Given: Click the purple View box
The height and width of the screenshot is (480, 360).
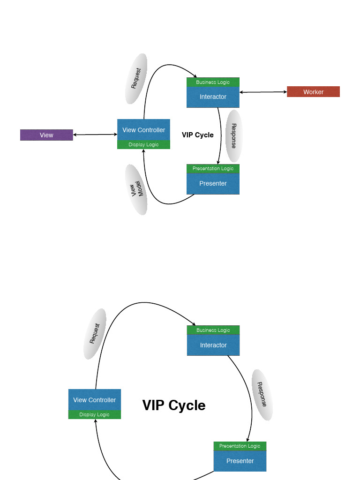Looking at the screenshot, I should [46, 135].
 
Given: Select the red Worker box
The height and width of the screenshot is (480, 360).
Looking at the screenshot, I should [313, 92].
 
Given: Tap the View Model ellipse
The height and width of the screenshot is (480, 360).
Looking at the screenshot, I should [136, 189].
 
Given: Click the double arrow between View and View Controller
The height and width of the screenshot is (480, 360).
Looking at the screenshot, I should [95, 135].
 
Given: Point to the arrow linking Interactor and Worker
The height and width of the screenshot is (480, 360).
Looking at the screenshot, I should [263, 92].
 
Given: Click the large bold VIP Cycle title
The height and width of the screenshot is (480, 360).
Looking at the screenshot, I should [173, 405].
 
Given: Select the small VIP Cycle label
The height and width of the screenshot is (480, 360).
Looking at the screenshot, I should [197, 135].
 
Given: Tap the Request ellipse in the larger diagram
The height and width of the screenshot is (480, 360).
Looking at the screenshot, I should [95, 334].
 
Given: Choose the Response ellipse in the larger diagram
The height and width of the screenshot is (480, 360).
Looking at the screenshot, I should [262, 395].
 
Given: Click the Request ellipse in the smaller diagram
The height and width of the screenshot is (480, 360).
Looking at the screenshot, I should [136, 78].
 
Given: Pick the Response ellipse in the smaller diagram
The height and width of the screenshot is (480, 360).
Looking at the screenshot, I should [233, 136].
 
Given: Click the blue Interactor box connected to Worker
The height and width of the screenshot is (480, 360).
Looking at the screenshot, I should [213, 97].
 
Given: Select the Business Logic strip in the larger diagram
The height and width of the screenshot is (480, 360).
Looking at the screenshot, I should [213, 330].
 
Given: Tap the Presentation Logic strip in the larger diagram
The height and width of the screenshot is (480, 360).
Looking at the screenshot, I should [240, 446].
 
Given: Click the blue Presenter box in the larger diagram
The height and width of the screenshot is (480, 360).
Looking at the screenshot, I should [240, 461].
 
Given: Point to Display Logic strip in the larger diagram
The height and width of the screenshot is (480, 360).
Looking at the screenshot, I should [94, 414].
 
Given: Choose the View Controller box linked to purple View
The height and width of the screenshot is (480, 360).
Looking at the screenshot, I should [143, 130].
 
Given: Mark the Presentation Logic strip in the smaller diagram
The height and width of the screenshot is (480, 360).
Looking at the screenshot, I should [213, 168].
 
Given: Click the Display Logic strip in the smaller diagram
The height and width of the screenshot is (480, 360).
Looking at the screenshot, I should [143, 145].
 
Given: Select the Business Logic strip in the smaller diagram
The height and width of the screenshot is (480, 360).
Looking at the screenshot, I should [213, 82].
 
